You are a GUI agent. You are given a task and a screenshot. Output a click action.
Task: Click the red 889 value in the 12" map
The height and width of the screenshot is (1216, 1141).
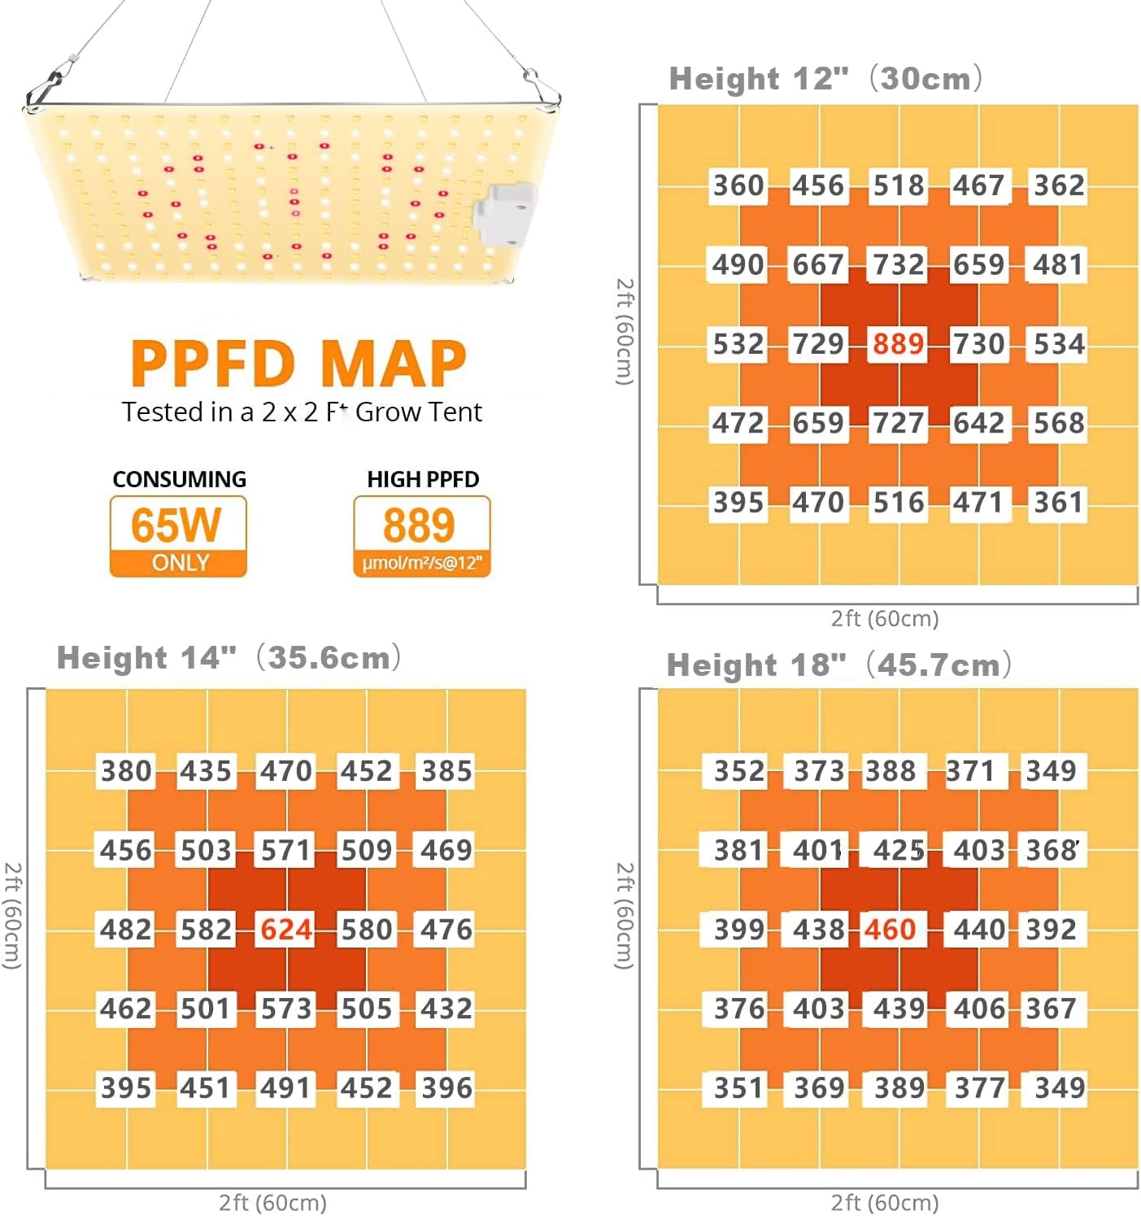[x=898, y=344]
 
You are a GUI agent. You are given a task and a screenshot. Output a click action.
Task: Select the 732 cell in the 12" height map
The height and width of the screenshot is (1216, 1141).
[x=898, y=264]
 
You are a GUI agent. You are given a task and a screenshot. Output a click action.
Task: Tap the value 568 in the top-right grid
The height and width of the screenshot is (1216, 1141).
[x=1059, y=423]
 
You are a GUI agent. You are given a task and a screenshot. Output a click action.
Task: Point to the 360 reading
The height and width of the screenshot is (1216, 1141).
[x=738, y=185]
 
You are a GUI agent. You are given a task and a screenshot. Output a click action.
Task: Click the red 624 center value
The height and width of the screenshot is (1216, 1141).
[x=286, y=929]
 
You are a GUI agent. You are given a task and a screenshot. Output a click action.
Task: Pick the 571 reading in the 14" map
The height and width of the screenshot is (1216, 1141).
[x=286, y=850]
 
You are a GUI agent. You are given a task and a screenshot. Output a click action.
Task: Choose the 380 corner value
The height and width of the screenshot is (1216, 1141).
[x=126, y=770]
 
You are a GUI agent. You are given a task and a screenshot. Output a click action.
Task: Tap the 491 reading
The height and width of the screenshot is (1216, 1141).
[x=286, y=1087]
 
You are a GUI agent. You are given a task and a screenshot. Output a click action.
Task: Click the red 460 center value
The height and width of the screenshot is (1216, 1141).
[x=890, y=929]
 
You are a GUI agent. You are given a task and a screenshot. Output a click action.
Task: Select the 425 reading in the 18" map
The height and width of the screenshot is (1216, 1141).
[x=899, y=850]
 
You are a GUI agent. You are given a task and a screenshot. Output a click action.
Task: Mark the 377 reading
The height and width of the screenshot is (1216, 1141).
[x=979, y=1087]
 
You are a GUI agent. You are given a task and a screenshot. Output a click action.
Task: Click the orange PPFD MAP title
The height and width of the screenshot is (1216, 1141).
[x=298, y=363]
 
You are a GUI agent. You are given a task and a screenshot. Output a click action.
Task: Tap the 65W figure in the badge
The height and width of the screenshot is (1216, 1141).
[x=176, y=525]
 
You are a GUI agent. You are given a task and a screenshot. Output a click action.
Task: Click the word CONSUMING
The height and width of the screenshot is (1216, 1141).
[x=179, y=479]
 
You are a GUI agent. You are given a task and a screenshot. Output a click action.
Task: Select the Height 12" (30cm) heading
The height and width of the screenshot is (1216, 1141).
[x=825, y=79]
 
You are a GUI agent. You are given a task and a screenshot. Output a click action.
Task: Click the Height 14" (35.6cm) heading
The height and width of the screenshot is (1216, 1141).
[x=229, y=657]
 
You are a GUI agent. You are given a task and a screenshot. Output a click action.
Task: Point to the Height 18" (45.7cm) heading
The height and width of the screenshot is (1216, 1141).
[x=838, y=665]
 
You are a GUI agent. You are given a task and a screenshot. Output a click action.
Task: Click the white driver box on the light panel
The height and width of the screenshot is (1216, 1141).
[x=505, y=215]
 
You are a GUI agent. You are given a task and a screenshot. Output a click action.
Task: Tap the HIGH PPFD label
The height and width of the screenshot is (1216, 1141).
[x=423, y=479]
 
